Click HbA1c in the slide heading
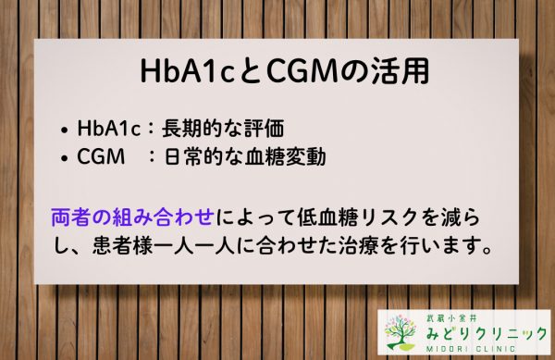(x=173, y=71)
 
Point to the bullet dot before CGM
(x=63, y=158)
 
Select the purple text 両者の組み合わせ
(x=133, y=219)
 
